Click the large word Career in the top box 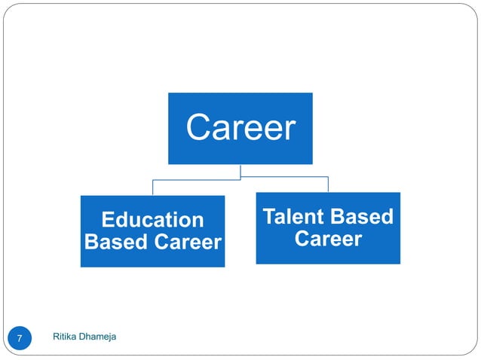coord(240,128)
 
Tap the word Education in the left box coord(152,220)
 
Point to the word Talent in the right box coord(293,217)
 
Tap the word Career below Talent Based coord(328,239)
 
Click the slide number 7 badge coord(20,338)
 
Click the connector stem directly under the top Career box coord(240,171)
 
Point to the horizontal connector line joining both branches coord(286,178)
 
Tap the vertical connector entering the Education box coord(153,188)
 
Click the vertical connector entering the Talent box coord(328,185)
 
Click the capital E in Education coord(106,220)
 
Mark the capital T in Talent coord(268,217)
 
